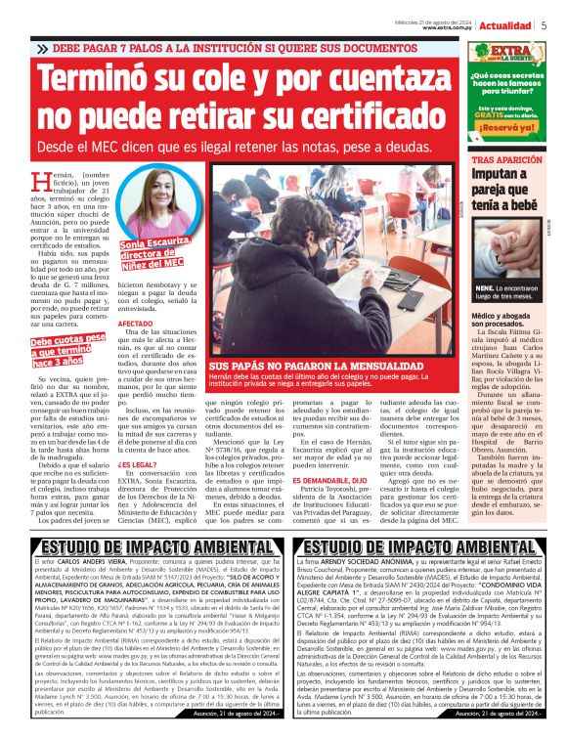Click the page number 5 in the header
coord(544,26)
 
